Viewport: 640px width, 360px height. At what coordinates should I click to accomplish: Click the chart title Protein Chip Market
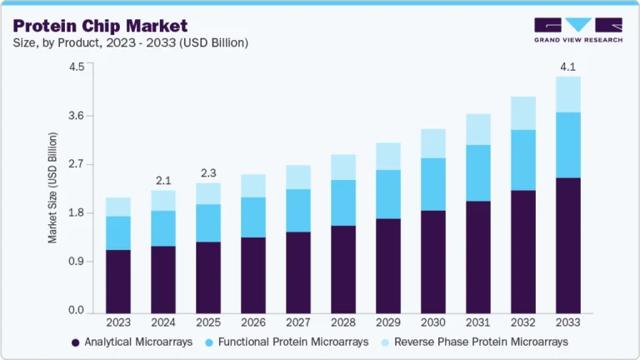coord(100,26)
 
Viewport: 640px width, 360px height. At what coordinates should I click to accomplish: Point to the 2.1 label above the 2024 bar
coord(162,180)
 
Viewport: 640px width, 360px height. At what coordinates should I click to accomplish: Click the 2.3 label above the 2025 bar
coord(208,173)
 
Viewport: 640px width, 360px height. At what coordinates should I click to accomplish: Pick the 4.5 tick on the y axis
coord(77,67)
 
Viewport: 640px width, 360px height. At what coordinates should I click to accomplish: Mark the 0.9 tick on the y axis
coord(77,262)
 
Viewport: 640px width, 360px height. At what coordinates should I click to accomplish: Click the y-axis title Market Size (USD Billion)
coord(52,187)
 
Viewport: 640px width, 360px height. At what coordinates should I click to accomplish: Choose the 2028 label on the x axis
coord(343,321)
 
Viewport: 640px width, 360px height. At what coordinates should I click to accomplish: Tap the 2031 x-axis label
coord(478,321)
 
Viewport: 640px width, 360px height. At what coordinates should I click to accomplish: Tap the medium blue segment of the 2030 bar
coord(433,184)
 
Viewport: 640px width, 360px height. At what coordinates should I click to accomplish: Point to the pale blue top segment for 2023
coord(118,207)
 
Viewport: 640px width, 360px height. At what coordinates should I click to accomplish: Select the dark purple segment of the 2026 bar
coord(253,274)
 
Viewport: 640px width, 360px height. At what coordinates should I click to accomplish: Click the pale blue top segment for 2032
coord(523,113)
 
